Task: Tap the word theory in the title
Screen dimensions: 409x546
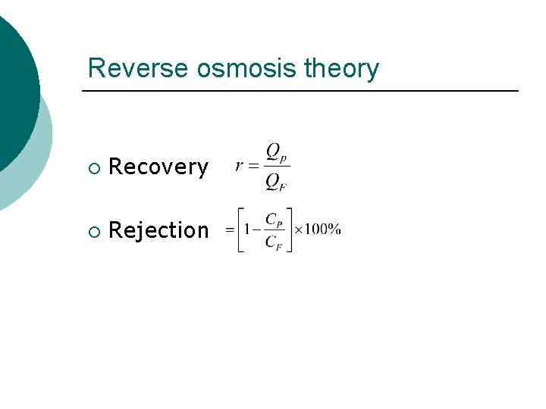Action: (x=340, y=68)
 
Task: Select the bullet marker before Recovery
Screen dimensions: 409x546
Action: (x=93, y=167)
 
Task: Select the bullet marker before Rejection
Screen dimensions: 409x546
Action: (x=93, y=230)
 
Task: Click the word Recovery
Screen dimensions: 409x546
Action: (x=158, y=167)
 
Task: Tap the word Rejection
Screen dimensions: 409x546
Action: (x=158, y=230)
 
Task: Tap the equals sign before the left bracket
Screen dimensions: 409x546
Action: (x=230, y=229)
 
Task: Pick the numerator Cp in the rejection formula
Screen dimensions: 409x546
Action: (x=275, y=218)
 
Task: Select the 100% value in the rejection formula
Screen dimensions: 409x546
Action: (x=323, y=229)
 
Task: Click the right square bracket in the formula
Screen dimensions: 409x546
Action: (x=289, y=229)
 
